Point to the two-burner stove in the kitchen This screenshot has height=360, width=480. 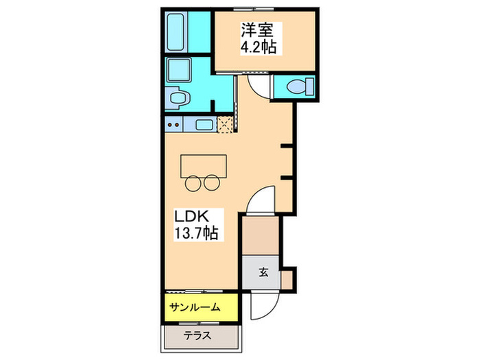tap(173, 125)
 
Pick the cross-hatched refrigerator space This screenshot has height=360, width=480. tap(226, 124)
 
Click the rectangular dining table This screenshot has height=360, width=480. tap(203, 165)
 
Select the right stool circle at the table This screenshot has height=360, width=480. tap(213, 182)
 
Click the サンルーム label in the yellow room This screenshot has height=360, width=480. tap(195, 307)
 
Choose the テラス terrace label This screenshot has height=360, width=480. tap(197, 336)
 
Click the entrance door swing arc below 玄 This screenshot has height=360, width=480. tap(264, 298)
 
